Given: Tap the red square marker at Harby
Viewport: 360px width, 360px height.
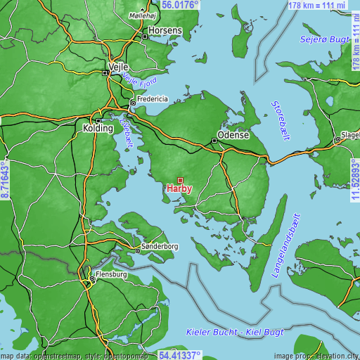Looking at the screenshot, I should tap(180, 180).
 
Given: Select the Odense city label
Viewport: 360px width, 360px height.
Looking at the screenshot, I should tap(234, 135).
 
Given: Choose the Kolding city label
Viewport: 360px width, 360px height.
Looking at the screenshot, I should tap(98, 129).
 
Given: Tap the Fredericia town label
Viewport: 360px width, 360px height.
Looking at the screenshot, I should tap(155, 99).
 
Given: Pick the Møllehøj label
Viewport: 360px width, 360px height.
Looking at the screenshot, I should tap(144, 15).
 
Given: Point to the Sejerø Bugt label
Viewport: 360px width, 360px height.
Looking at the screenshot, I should tap(325, 39).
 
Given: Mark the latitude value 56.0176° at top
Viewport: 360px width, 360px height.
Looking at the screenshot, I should tap(180, 4).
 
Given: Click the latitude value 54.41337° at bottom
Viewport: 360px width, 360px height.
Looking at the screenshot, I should tap(180, 355).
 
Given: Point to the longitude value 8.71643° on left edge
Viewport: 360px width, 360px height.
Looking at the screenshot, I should tap(5, 180).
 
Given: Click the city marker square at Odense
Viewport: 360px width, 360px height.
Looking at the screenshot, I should tap(214, 141).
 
